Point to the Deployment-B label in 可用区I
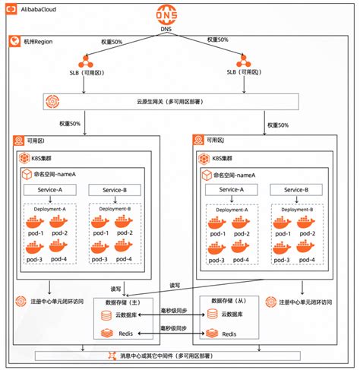[115, 208]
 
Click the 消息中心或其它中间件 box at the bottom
[179, 355]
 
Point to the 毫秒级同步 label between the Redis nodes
[175, 328]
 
